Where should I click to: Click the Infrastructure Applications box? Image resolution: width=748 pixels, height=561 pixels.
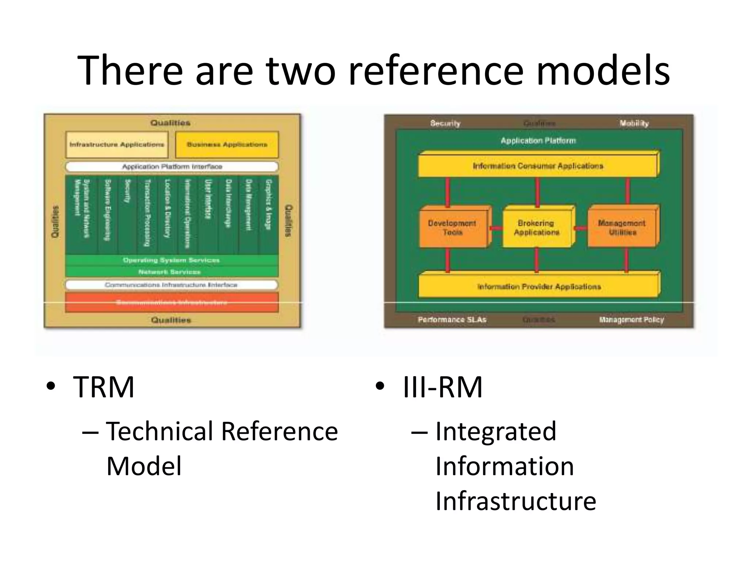pyautogui.click(x=117, y=145)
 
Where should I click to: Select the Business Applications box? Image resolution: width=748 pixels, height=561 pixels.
pyautogui.click(x=227, y=145)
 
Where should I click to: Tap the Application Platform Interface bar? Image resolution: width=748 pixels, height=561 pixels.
pyautogui.click(x=172, y=167)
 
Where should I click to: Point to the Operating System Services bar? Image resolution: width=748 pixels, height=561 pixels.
pyautogui.click(x=172, y=260)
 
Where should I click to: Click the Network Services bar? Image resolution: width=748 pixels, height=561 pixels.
pyautogui.click(x=172, y=272)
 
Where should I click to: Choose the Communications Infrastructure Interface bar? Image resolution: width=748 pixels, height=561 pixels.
pyautogui.click(x=172, y=285)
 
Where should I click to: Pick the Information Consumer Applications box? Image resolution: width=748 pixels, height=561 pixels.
pyautogui.click(x=538, y=166)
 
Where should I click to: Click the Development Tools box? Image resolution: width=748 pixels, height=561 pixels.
pyautogui.click(x=452, y=228)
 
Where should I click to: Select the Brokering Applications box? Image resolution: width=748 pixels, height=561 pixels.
pyautogui.click(x=536, y=228)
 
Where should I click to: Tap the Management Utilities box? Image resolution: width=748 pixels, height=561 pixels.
pyautogui.click(x=622, y=228)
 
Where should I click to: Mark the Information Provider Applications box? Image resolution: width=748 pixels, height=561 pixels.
pyautogui.click(x=538, y=286)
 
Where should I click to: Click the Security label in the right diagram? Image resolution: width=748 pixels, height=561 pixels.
pyautogui.click(x=445, y=123)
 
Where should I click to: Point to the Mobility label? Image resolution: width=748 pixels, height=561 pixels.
pyautogui.click(x=634, y=123)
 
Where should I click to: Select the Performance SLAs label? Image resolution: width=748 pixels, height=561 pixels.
pyautogui.click(x=452, y=320)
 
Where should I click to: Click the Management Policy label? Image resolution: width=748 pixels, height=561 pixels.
pyautogui.click(x=631, y=320)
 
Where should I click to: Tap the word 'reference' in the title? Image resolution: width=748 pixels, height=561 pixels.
pyautogui.click(x=436, y=70)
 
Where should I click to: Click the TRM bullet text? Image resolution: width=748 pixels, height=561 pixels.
pyautogui.click(x=104, y=387)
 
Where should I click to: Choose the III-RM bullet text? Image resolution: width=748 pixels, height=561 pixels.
pyautogui.click(x=442, y=387)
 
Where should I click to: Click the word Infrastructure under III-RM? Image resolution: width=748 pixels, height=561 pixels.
pyautogui.click(x=516, y=501)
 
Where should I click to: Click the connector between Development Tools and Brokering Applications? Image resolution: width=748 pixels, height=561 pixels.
pyautogui.click(x=496, y=228)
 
